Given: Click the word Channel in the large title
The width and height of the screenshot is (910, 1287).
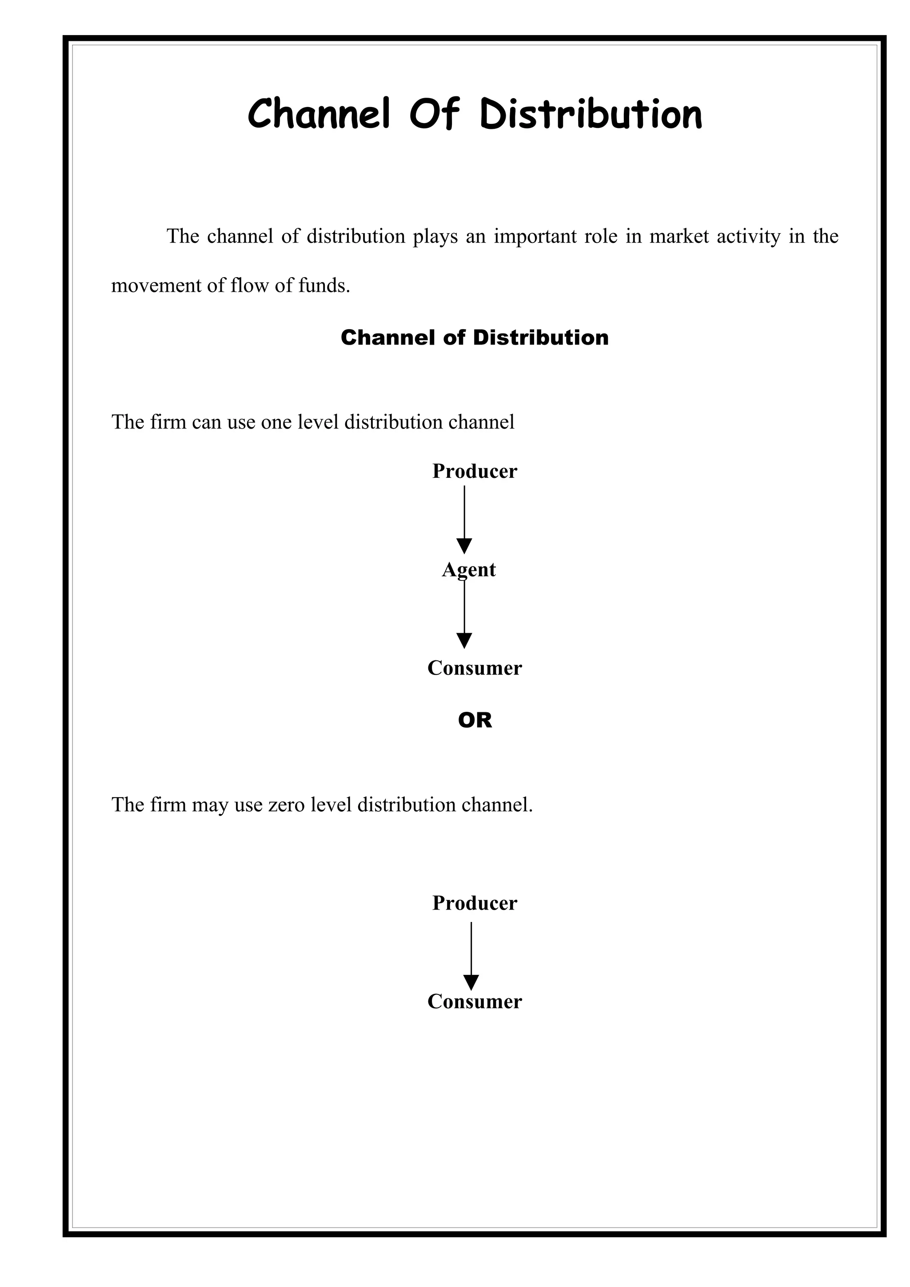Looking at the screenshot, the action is coord(319,114).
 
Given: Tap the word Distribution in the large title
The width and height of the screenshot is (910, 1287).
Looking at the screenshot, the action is coord(591,114).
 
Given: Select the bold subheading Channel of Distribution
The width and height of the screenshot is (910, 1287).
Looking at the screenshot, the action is coord(475,338).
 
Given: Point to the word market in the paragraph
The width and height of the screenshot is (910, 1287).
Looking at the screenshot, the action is coord(679,237).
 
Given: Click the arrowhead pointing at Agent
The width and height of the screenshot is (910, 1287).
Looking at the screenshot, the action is coord(464,545).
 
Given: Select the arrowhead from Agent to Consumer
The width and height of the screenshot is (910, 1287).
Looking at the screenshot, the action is coord(464,640).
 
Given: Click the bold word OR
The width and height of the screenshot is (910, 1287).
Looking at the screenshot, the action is coord(475,720).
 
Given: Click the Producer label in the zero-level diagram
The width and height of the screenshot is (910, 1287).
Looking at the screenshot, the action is coord(475,903).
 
